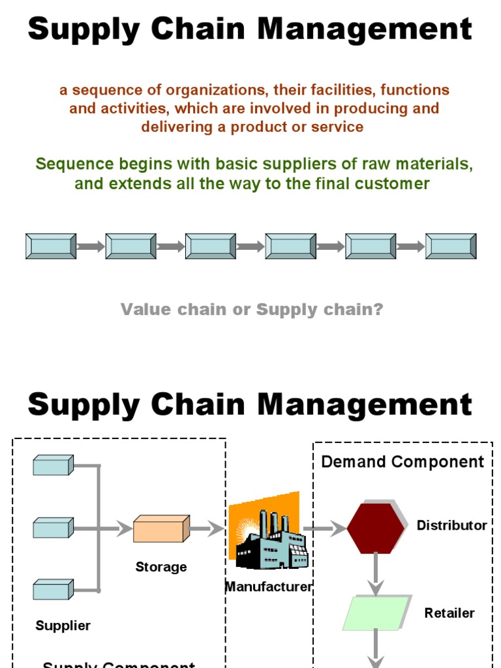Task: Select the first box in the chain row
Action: coord(51,247)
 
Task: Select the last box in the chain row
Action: coord(451,247)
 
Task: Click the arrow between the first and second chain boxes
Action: coord(91,247)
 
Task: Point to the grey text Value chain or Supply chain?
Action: coord(252,309)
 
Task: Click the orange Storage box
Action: coord(161,529)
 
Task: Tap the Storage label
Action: coord(161,567)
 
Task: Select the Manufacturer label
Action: coord(269,586)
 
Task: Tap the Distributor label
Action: coord(451,525)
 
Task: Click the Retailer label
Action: coord(449,613)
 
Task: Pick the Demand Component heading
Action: coord(402,462)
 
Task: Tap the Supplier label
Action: coord(63,626)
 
